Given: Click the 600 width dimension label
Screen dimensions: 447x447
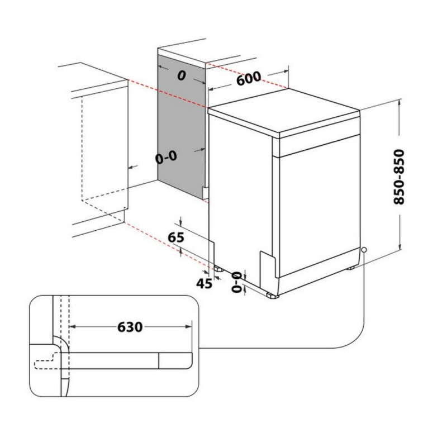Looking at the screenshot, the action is (249, 78).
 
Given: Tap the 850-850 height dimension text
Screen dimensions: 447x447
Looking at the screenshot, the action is (399, 177).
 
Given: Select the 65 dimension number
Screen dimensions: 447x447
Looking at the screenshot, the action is (176, 237).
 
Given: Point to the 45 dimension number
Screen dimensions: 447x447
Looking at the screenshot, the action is (204, 283).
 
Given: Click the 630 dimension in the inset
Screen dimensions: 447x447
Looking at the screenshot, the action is (130, 327).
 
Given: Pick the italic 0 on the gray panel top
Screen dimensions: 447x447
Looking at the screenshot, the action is (182, 75).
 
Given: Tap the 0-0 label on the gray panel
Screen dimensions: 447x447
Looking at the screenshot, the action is (166, 158).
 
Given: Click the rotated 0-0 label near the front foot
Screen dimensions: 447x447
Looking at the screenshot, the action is (236, 282).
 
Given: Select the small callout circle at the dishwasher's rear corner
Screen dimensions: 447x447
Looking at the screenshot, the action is (364, 250).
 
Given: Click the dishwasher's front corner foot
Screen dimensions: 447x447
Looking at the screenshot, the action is (273, 296).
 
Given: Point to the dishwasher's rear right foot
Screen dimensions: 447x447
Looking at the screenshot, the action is (351, 268).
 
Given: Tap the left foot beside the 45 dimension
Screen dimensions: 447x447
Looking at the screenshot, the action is (219, 268).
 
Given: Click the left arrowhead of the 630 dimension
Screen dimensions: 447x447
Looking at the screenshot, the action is (73, 326).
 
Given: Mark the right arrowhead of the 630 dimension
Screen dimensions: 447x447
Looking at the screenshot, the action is (188, 326).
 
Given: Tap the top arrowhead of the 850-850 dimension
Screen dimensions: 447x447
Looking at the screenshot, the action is (400, 102).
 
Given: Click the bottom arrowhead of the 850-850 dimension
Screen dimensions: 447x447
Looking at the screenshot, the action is (400, 246).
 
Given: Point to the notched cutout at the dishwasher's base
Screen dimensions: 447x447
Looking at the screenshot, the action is (268, 264).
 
